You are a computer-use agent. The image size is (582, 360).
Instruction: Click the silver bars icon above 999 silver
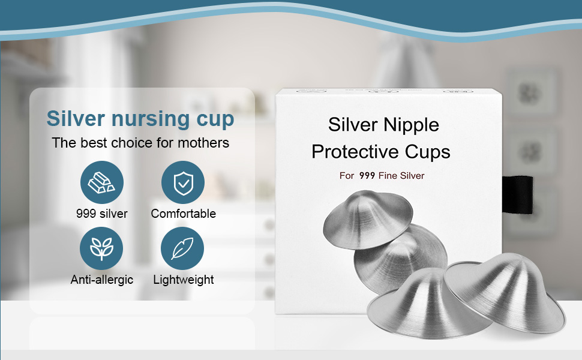point(101,182)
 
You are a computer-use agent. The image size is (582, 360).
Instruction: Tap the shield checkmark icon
point(183,182)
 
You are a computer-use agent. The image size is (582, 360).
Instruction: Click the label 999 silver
point(101,214)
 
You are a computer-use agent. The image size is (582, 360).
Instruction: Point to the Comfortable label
point(183,214)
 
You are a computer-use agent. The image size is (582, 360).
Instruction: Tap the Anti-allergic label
point(101,280)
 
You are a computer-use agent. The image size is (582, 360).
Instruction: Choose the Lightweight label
point(183,280)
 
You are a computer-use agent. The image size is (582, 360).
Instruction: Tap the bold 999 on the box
point(367,176)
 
